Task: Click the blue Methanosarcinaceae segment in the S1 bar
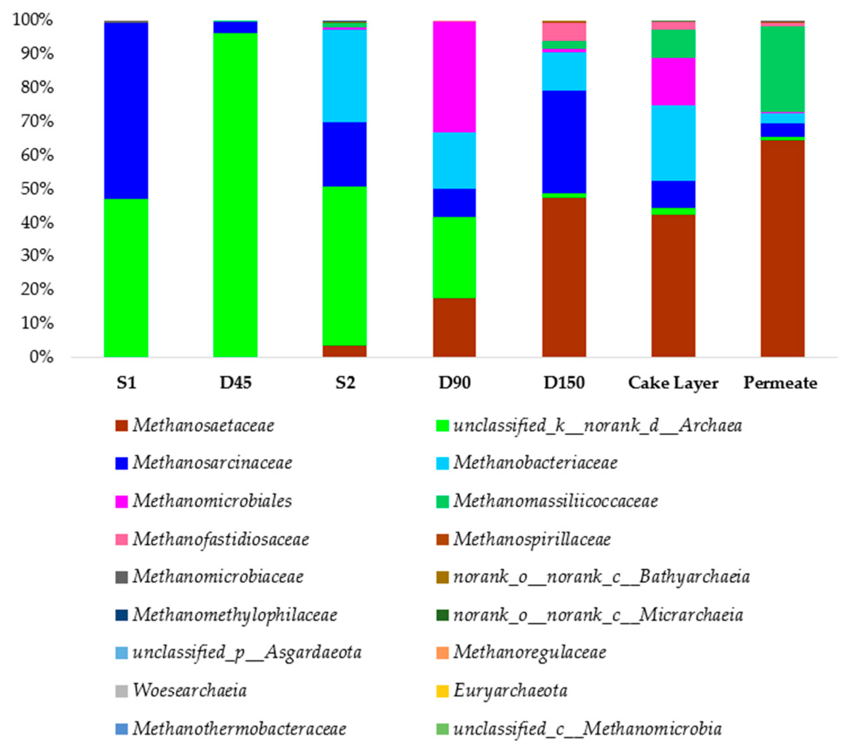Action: coord(126,110)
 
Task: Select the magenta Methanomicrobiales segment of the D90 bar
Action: coord(454,77)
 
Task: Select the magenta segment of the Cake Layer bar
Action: coord(673,81)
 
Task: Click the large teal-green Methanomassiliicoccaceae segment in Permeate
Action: coord(782,69)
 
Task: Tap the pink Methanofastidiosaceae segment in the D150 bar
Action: coord(564,32)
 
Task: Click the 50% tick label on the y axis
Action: coord(37,189)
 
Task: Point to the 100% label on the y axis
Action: coord(33,19)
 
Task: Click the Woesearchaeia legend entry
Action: coord(190,690)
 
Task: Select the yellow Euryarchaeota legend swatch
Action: coord(442,691)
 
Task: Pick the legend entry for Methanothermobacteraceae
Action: coord(239,729)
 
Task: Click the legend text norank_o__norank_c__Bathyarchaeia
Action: coord(601,577)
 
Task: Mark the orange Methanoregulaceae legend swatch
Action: coord(442,652)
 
